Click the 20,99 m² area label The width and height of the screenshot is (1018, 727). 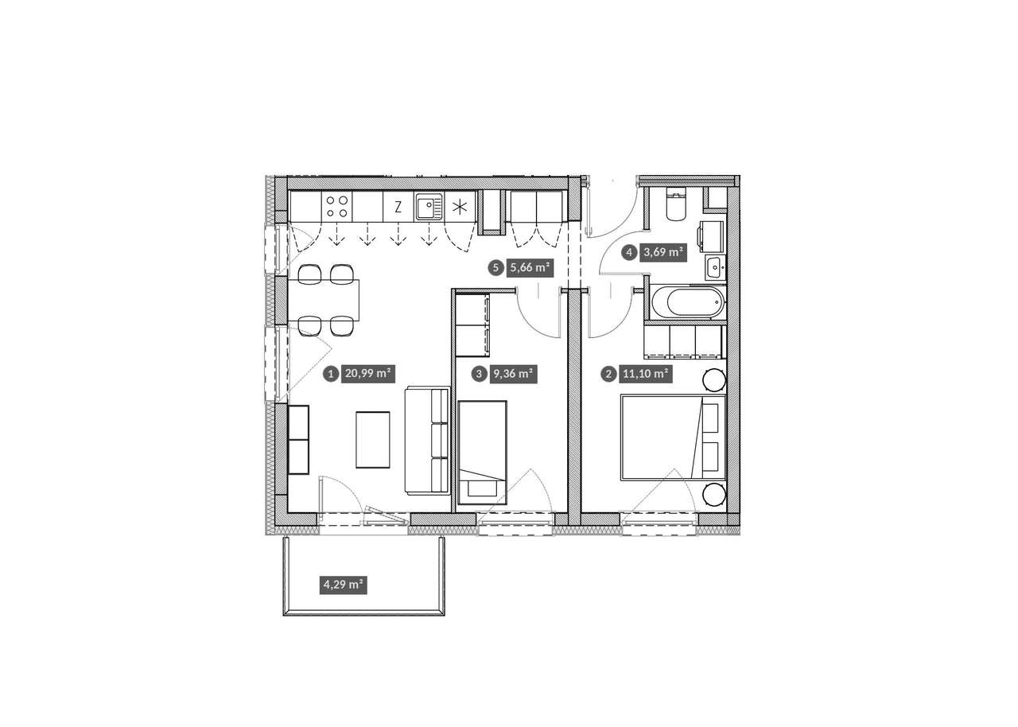pos(368,375)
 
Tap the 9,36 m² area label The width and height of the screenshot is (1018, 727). pos(513,375)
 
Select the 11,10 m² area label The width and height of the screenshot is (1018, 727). pos(645,375)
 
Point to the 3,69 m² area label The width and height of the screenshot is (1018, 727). pos(663,252)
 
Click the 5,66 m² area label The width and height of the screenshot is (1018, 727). pos(530,267)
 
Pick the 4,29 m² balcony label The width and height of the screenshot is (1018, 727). pos(343,585)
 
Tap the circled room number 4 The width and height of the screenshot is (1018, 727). pos(629,252)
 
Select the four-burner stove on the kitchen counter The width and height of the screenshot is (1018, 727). pos(337,207)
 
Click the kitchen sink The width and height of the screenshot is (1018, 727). pos(429,207)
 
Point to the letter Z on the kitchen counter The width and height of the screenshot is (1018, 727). pos(398,208)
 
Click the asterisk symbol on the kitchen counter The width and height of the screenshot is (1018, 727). pos(460,208)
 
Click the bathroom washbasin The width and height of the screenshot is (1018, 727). pos(715,267)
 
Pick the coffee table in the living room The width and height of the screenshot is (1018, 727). pos(373,440)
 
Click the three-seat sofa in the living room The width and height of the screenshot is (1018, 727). pos(428,441)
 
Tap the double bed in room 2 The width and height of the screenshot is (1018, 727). pos(673,437)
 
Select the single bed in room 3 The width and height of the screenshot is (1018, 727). pos(482,453)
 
